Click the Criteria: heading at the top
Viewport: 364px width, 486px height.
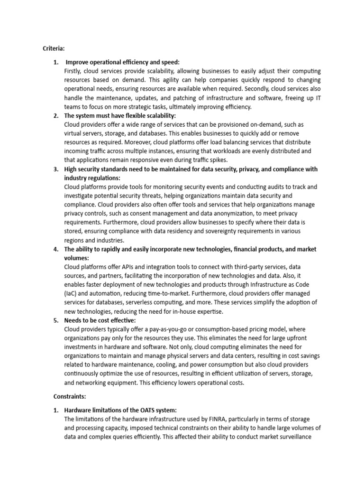pyautogui.click(x=54, y=48)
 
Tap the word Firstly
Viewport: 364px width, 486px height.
pyautogui.click(x=73, y=71)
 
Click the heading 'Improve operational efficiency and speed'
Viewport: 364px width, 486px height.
pyautogui.click(x=122, y=62)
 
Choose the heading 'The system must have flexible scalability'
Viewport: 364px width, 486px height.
pyautogui.click(x=120, y=116)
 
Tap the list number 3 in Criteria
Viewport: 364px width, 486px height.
pyautogui.click(x=55, y=169)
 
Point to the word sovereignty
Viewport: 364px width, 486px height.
pyautogui.click(x=205, y=231)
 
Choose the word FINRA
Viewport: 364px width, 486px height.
pyautogui.click(x=232, y=419)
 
